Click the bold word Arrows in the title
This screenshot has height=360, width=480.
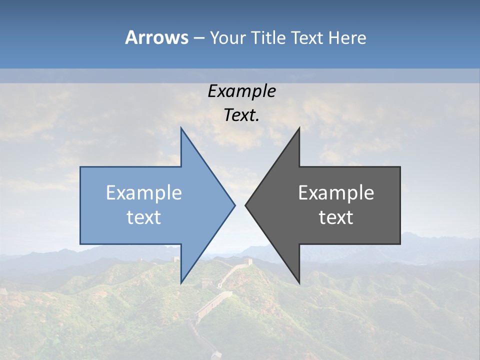pyautogui.click(x=156, y=37)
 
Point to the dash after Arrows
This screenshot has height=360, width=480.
pyautogui.click(x=198, y=38)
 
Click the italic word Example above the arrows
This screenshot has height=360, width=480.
pyautogui.click(x=241, y=91)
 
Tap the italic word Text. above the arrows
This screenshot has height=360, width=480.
pyautogui.click(x=241, y=115)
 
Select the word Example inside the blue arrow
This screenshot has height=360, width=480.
pyautogui.click(x=144, y=193)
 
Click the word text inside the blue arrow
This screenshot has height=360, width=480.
pyautogui.click(x=144, y=217)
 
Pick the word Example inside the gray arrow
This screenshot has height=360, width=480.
pyautogui.click(x=336, y=193)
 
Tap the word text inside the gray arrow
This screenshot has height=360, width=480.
pyautogui.click(x=336, y=217)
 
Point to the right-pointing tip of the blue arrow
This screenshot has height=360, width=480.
pyautogui.click(x=235, y=205)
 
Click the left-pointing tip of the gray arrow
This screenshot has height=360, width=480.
pyautogui.click(x=245, y=205)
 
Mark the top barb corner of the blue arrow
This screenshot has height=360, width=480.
pyautogui.click(x=181, y=128)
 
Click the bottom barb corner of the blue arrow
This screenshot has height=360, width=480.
pyautogui.click(x=181, y=283)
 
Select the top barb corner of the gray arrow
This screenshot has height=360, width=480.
pyautogui.click(x=299, y=128)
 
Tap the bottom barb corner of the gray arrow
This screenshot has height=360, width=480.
pyautogui.click(x=299, y=283)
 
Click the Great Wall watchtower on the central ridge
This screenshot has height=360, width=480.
pyautogui.click(x=246, y=261)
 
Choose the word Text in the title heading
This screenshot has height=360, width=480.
pyautogui.click(x=307, y=38)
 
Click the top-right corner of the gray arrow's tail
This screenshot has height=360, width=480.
pyautogui.click(x=400, y=167)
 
